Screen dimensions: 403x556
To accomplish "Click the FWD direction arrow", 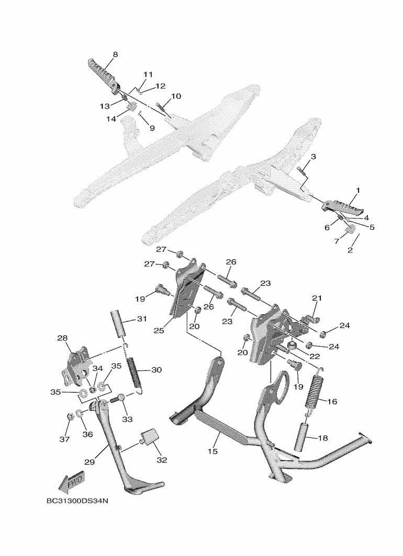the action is [72, 482].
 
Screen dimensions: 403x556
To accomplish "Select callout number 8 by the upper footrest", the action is [115, 54].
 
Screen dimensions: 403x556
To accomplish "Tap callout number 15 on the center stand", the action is [212, 451].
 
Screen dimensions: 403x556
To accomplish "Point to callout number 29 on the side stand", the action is [89, 462].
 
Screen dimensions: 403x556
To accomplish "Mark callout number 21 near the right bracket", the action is [317, 298].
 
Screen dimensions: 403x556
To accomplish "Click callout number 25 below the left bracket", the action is [159, 330].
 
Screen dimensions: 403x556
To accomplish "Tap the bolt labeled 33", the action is [117, 399].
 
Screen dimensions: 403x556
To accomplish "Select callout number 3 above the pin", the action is [314, 156].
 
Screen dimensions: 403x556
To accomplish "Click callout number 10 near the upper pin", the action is [176, 96].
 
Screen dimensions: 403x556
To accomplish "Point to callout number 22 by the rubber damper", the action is [315, 356].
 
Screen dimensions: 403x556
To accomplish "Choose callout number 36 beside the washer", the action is [87, 434].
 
